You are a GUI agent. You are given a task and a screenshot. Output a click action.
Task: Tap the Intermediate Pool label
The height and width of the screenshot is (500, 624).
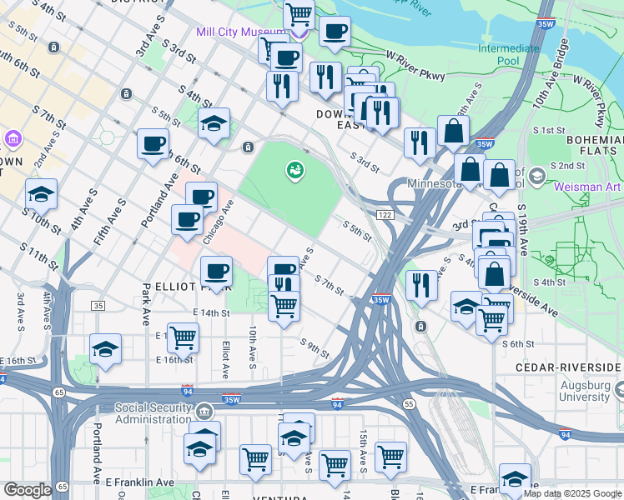(x=508, y=54)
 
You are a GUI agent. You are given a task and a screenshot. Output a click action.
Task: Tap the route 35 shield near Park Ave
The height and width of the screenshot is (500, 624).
(x=98, y=307)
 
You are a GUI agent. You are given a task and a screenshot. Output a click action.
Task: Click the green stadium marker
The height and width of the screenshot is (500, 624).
(x=294, y=171)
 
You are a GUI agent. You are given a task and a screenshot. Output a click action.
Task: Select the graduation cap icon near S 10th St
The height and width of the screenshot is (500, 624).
(x=41, y=193)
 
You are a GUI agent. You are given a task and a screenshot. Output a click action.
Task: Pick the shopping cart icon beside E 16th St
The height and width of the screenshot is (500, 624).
(x=183, y=337)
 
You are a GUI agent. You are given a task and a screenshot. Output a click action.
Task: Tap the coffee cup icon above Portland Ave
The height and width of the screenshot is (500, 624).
(x=153, y=143)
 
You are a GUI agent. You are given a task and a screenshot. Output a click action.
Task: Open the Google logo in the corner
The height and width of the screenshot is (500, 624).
(x=28, y=490)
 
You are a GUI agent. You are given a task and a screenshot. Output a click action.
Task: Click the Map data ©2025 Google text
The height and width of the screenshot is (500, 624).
(x=572, y=493)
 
